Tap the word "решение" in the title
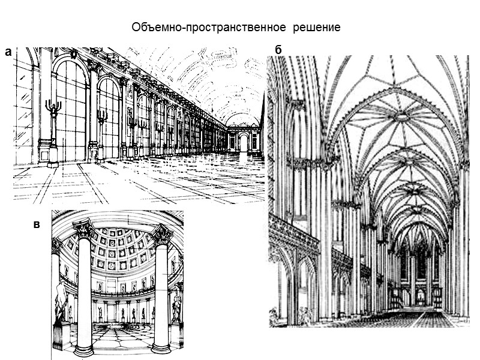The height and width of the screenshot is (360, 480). (x=316, y=28)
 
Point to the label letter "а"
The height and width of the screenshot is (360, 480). (x=8, y=52)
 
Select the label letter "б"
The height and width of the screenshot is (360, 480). (x=278, y=49)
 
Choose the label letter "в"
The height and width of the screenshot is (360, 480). (x=37, y=224)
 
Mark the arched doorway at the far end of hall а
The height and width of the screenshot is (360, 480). (x=244, y=142)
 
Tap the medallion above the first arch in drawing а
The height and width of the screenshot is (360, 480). (x=74, y=53)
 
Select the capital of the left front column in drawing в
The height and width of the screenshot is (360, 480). (x=83, y=229)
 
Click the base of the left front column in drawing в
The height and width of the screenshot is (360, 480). (x=83, y=349)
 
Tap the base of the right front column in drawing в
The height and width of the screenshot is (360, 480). (x=161, y=347)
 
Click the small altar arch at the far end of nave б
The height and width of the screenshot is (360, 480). (x=420, y=295)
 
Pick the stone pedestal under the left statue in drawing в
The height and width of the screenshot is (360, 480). (x=61, y=335)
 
